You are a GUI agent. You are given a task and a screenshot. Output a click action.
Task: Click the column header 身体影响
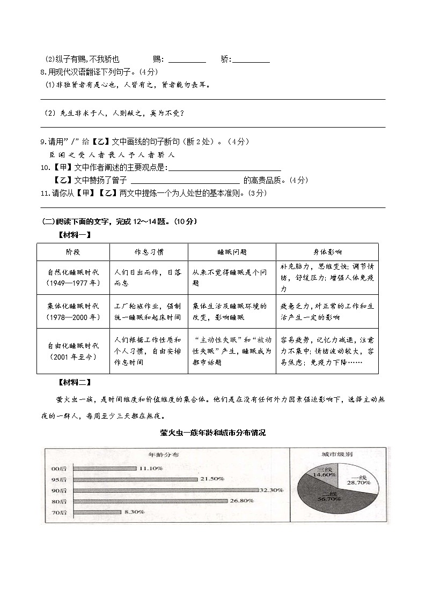(327, 252)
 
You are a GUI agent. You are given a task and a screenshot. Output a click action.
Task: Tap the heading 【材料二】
(74, 382)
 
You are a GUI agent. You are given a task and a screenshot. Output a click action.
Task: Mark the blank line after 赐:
(187, 60)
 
